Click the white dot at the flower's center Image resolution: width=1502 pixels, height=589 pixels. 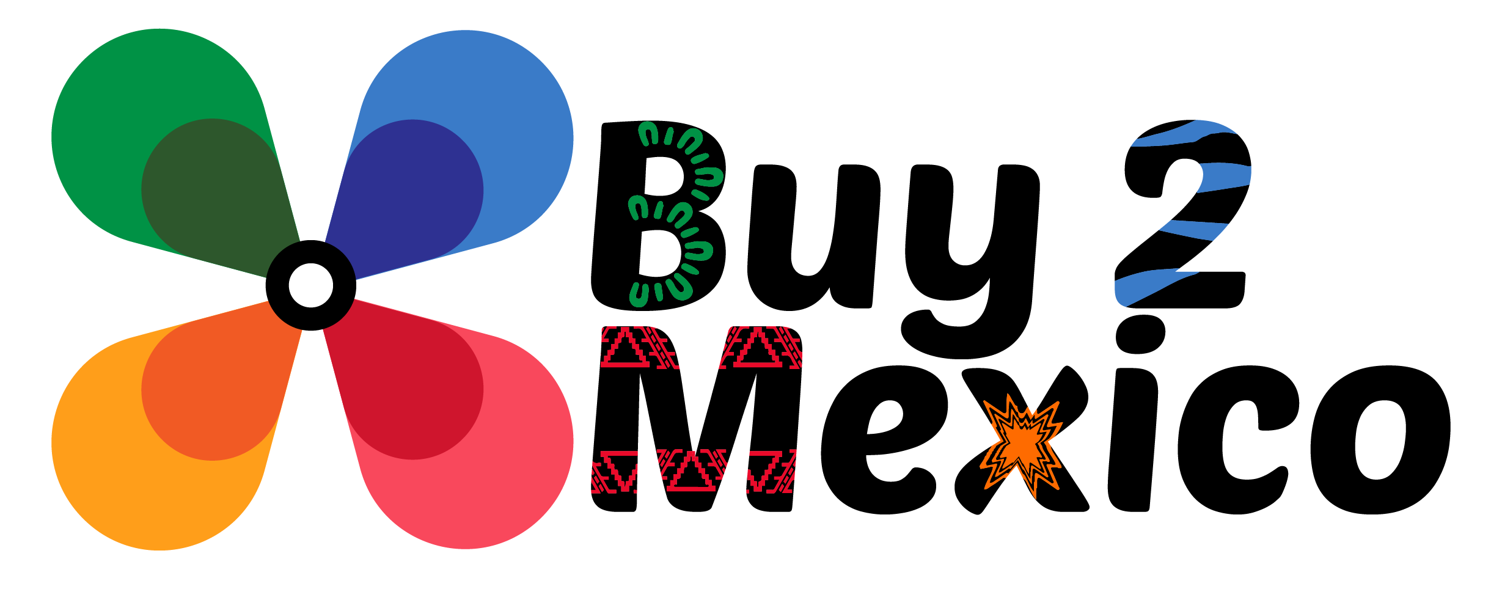pyautogui.click(x=310, y=285)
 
